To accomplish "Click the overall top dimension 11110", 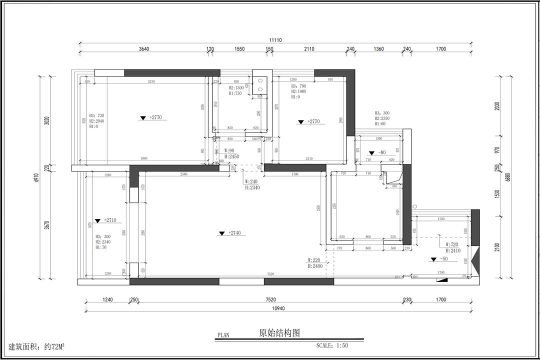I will (275, 40).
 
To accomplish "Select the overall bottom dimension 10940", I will (278, 308).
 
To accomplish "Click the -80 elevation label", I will (381, 152).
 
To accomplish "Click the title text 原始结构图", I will (279, 332).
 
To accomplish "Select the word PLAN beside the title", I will (223, 335).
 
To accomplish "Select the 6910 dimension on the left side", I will (35, 177).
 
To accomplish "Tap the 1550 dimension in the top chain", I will (239, 49).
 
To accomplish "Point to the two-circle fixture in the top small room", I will (260, 84).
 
